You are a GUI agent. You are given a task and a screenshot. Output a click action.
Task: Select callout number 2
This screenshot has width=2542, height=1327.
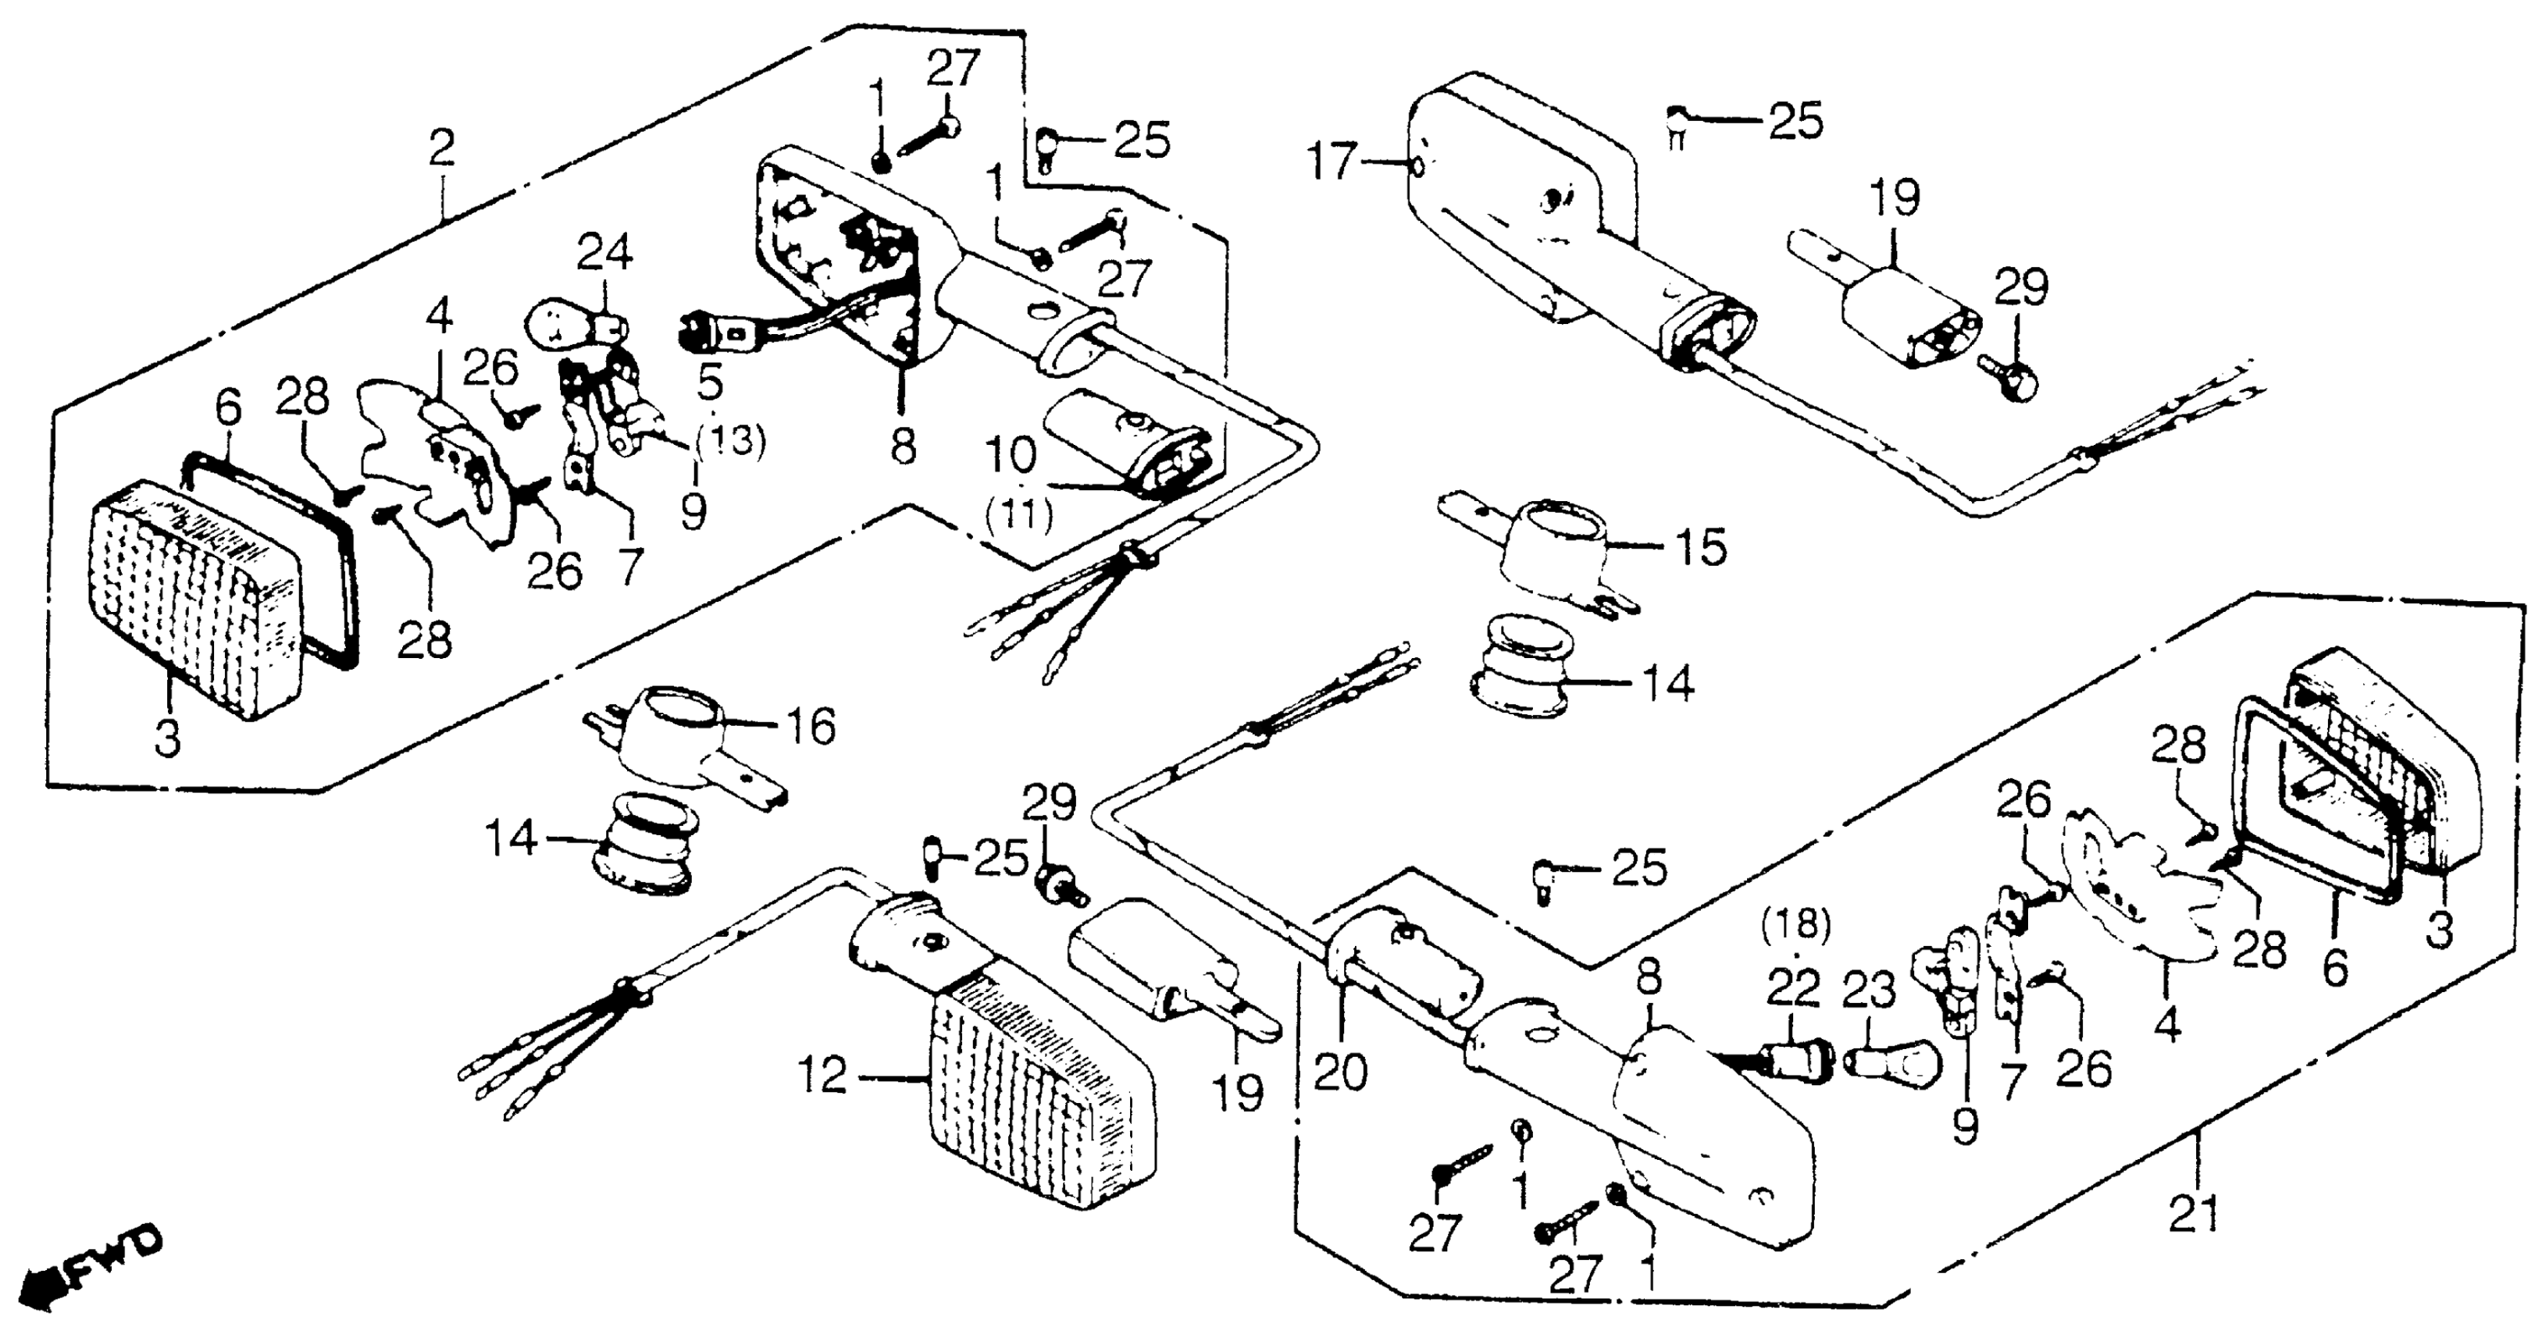pyautogui.click(x=441, y=148)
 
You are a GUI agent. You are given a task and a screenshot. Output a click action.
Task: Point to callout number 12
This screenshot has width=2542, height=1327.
pyautogui.click(x=824, y=1076)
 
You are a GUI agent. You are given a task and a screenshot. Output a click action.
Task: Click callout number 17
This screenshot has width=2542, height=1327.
pyautogui.click(x=1332, y=162)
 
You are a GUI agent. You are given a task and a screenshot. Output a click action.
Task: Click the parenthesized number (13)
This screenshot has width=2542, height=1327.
pyautogui.click(x=729, y=440)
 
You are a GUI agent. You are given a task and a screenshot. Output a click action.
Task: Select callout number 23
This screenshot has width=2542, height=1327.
pyautogui.click(x=1869, y=990)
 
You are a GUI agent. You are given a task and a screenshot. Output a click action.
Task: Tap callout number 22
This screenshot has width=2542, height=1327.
pyautogui.click(x=1793, y=987)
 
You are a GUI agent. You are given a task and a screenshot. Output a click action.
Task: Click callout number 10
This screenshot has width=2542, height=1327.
pyautogui.click(x=1010, y=455)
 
